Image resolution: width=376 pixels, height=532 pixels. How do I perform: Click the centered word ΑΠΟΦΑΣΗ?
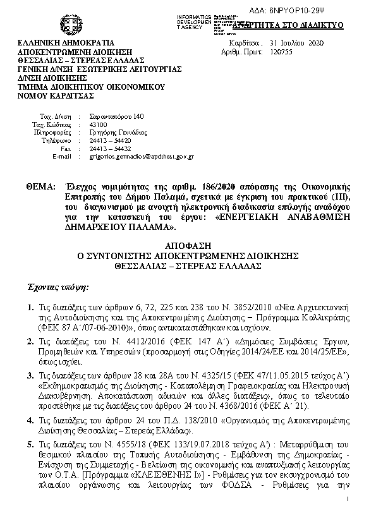click(187, 245)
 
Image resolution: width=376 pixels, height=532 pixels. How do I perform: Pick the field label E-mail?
click(61, 155)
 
